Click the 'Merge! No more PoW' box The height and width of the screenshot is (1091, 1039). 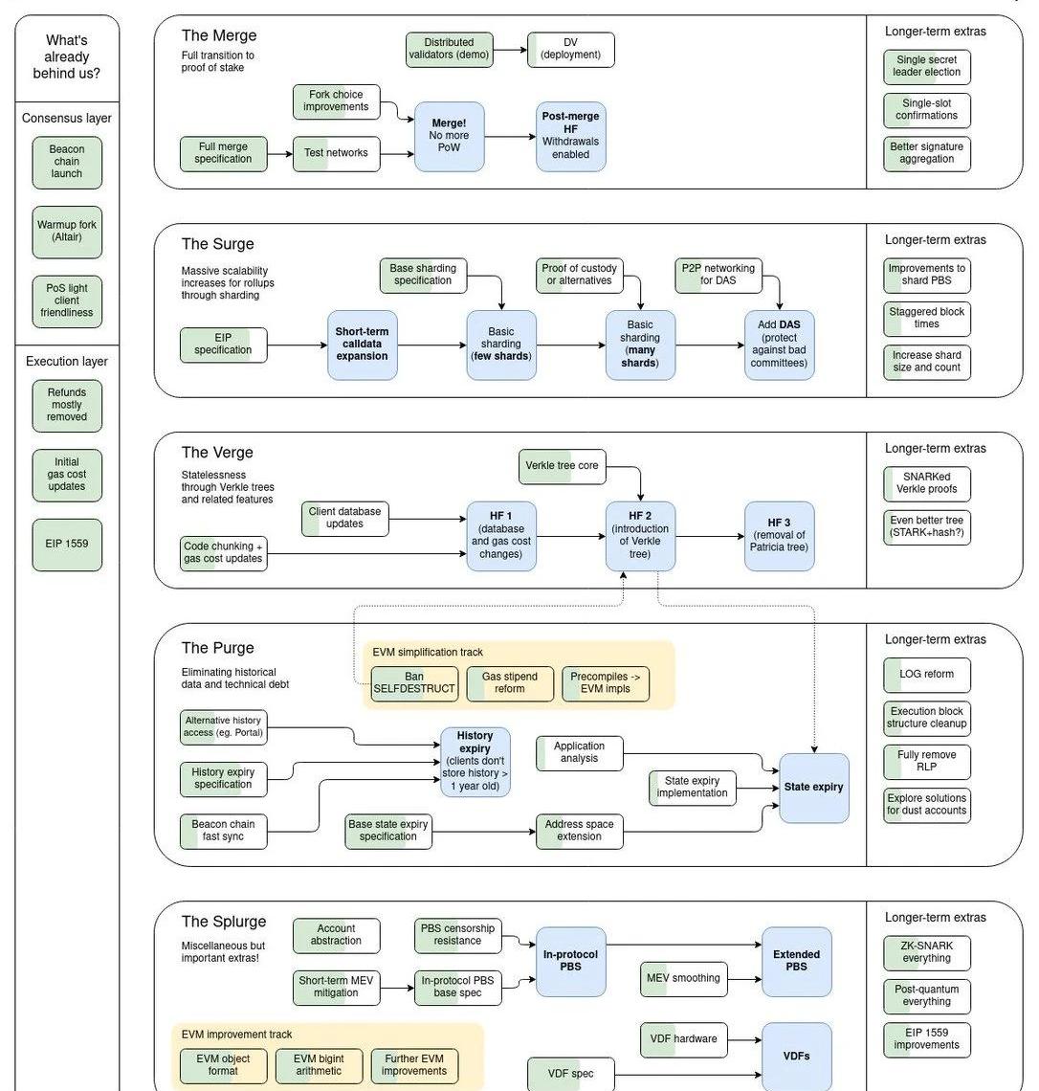point(449,137)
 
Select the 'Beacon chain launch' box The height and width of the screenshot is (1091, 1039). point(67,162)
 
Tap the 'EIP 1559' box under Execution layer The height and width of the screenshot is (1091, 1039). point(67,545)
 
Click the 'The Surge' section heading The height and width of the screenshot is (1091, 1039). point(218,244)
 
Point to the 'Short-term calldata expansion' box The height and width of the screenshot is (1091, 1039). point(362,345)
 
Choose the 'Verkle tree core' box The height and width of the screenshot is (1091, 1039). point(562,466)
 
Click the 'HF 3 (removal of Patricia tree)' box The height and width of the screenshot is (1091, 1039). point(779,536)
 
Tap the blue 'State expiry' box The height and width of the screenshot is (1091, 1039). point(813,788)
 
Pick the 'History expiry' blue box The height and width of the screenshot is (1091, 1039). point(475,762)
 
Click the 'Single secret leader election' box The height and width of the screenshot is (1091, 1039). point(926,66)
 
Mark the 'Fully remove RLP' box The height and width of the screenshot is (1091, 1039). point(926,762)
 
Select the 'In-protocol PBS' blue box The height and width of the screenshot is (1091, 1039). point(570,961)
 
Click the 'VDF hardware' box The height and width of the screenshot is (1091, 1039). point(683,1039)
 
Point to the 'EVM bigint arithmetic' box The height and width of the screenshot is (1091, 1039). point(319,1065)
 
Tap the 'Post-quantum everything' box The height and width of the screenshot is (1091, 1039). point(926,996)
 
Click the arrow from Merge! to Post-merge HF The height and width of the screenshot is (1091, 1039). point(510,137)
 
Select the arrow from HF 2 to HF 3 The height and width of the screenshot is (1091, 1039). point(710,537)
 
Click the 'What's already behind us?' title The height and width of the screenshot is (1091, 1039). point(67,56)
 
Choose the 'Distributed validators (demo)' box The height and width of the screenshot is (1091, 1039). point(449,50)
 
